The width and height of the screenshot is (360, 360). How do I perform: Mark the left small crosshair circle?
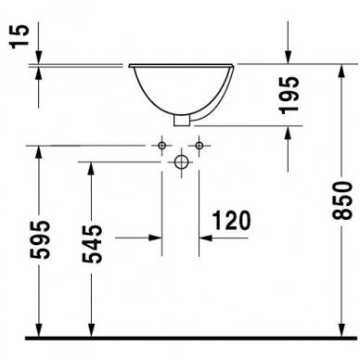(163, 146)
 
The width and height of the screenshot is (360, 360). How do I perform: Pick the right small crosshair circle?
(197, 146)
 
